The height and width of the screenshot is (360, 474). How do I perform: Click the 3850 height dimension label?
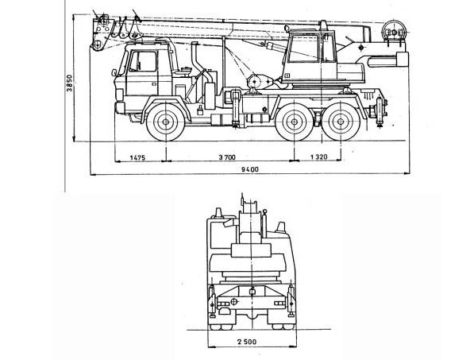coord(70,83)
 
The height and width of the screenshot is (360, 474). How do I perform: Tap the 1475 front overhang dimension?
coord(138,157)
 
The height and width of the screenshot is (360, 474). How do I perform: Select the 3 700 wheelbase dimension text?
coord(227,157)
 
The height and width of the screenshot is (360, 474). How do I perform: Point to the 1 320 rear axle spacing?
coord(319,157)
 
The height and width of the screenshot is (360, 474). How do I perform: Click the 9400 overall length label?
coord(250,169)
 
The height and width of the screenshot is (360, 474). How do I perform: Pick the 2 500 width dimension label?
coord(247,342)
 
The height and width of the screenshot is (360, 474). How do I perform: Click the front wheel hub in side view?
coord(166,122)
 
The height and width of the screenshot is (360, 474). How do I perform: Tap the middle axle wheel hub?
coord(294,122)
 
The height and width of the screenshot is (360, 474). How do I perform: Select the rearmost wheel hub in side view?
coord(341,122)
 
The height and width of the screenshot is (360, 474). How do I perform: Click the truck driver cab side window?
coord(143,61)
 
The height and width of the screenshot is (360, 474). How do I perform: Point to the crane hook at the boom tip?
coord(97,45)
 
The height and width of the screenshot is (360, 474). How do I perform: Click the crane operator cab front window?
coord(304,48)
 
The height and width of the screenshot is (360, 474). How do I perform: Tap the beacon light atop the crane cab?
coord(324,25)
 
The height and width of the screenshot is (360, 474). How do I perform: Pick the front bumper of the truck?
coord(120,108)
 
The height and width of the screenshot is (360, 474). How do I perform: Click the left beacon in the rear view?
coord(217,213)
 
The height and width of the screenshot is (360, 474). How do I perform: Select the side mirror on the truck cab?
coord(114,72)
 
